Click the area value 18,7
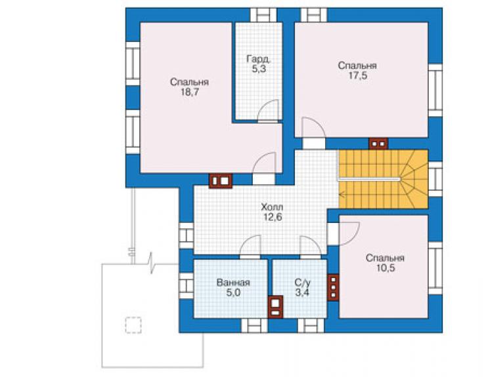point(189,92)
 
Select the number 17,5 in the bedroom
point(357,75)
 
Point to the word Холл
point(272,207)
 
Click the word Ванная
point(233,283)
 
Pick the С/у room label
point(302,283)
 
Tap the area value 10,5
point(386,268)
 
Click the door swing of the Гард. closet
point(269,109)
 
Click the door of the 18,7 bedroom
point(264,163)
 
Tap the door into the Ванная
point(250,246)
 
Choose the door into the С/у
point(311,247)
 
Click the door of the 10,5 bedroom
point(349,233)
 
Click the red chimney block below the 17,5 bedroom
point(378,144)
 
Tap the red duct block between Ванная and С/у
point(276,307)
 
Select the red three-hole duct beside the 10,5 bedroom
point(333,288)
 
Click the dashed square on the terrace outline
point(133,325)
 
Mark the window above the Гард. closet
point(263,15)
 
